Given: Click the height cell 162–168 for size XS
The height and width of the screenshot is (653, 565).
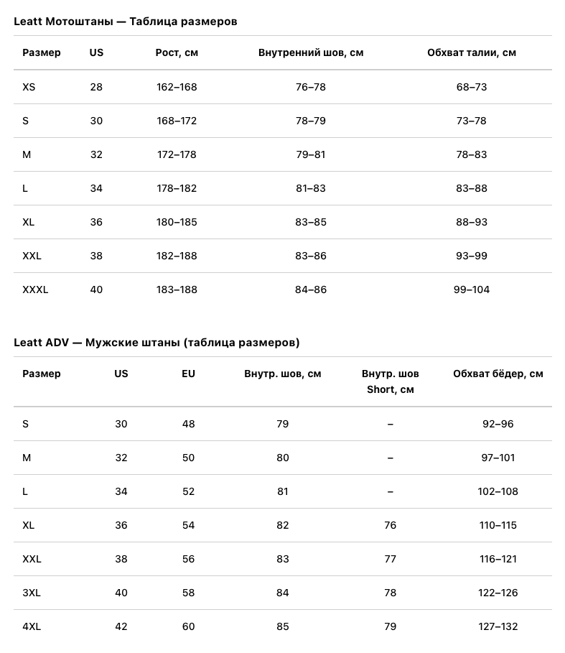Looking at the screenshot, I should (177, 87).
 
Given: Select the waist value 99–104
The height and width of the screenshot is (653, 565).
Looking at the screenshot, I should (471, 290).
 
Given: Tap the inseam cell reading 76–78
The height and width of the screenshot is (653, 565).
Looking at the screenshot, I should (310, 87).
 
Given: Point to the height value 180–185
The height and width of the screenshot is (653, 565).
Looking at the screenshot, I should (177, 222).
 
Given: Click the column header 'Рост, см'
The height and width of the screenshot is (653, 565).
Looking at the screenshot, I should (177, 52).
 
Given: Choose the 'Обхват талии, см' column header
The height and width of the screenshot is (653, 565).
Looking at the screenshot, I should (471, 52).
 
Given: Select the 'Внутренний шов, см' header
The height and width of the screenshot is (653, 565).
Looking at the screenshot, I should (310, 52).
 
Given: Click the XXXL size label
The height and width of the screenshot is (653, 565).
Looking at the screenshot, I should (35, 290).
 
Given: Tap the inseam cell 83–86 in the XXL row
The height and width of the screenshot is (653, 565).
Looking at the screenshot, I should (310, 256).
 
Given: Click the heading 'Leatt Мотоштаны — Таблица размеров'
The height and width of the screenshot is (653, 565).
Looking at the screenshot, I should (126, 22).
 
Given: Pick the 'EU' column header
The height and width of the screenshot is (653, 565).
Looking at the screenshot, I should (188, 374).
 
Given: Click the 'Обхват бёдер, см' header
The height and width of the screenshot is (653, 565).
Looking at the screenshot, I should (498, 374).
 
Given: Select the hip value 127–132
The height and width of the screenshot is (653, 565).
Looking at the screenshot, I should (498, 626).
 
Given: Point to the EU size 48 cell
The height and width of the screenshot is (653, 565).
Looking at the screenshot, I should (188, 424).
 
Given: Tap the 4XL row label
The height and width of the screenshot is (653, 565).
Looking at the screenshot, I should (32, 626).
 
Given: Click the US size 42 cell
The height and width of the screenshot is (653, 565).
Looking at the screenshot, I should (121, 626).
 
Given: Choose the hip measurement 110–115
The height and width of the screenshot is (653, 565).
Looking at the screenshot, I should (498, 525).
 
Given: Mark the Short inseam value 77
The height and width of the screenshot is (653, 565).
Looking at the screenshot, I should (390, 559).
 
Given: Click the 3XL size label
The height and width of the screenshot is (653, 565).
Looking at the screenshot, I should (32, 593).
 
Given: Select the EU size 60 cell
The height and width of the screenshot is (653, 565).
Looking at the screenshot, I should (188, 626).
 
